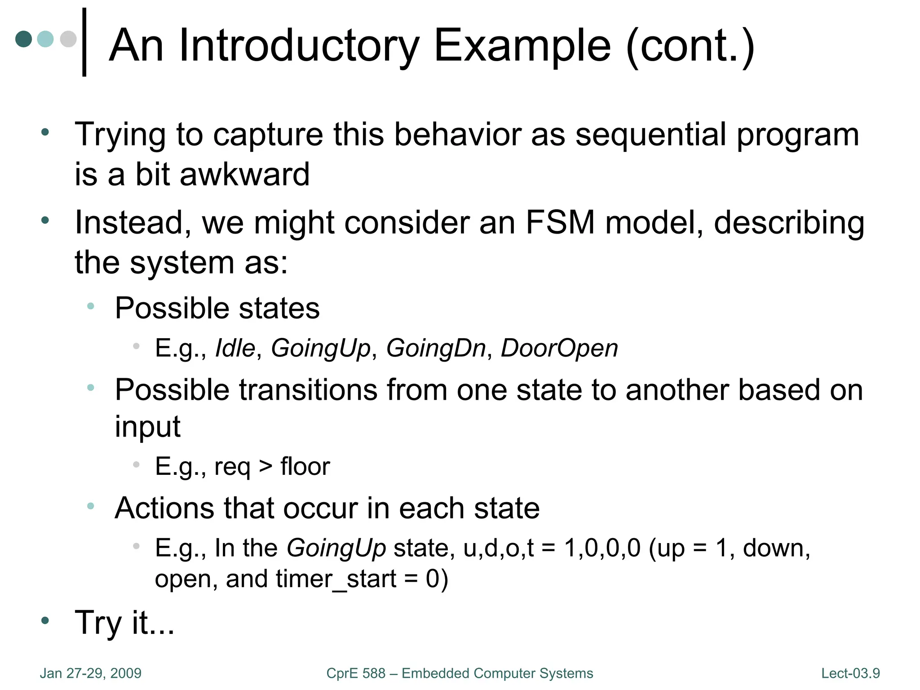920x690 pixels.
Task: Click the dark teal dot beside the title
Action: (x=23, y=39)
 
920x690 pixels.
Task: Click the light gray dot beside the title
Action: (x=68, y=39)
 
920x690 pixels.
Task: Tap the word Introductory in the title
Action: (x=299, y=46)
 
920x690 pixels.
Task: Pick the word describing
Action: (x=789, y=223)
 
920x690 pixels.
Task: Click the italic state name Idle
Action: (x=235, y=348)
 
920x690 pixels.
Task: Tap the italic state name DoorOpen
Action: (x=559, y=349)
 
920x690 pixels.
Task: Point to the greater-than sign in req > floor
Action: (x=265, y=466)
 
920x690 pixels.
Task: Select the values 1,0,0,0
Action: (x=602, y=548)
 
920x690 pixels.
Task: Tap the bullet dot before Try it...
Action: (x=45, y=621)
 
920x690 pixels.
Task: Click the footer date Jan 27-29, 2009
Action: (x=91, y=673)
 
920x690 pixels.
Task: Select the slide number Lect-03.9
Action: (x=850, y=673)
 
